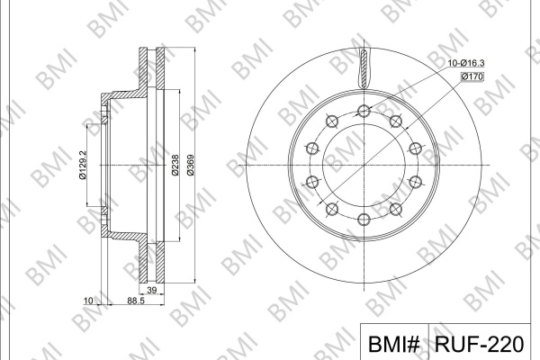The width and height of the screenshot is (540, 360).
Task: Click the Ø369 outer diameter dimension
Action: pyautogui.click(x=191, y=165)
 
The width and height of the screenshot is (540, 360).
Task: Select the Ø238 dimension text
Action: pyautogui.click(x=175, y=165)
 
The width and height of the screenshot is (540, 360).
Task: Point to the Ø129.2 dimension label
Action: pyautogui.click(x=82, y=165)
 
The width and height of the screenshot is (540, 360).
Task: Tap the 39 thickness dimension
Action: pyautogui.click(x=151, y=290)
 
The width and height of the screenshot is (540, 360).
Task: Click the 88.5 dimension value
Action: pyautogui.click(x=136, y=301)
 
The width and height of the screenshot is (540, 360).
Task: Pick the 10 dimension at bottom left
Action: pyautogui.click(x=88, y=301)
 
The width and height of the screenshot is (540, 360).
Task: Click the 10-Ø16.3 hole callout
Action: pyautogui.click(x=466, y=63)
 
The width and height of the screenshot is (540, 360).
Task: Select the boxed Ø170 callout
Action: pyautogui.click(x=472, y=76)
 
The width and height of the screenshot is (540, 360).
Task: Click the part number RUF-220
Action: pyautogui.click(x=479, y=344)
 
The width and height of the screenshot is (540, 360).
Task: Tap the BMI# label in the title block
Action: pyautogui.click(x=394, y=344)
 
